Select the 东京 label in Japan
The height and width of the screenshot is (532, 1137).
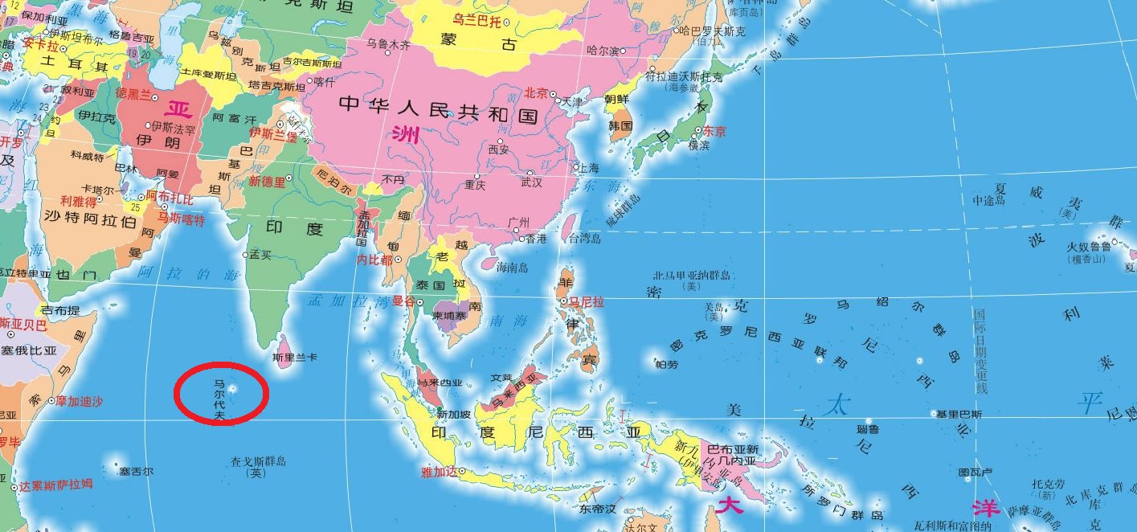[x=714, y=132]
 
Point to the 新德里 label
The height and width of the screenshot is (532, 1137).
[x=267, y=182]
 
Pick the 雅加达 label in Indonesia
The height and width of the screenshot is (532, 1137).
[x=438, y=473]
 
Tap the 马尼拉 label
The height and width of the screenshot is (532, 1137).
[x=587, y=303]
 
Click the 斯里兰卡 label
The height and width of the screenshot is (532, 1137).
[x=295, y=357]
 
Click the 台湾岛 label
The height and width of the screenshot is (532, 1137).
[x=584, y=239]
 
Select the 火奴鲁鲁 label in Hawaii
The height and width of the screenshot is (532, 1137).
[x=1089, y=246]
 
